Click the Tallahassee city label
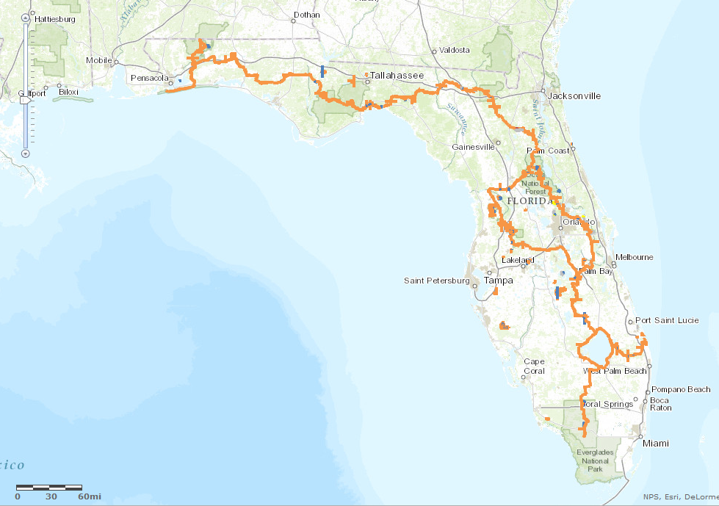397,75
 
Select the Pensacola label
150,78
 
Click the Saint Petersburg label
436,281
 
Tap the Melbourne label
635,257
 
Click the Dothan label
306,14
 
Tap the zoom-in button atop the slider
26,17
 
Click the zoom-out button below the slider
26,153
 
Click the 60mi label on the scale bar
90,496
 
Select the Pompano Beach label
681,389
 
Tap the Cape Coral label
534,366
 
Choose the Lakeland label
519,260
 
